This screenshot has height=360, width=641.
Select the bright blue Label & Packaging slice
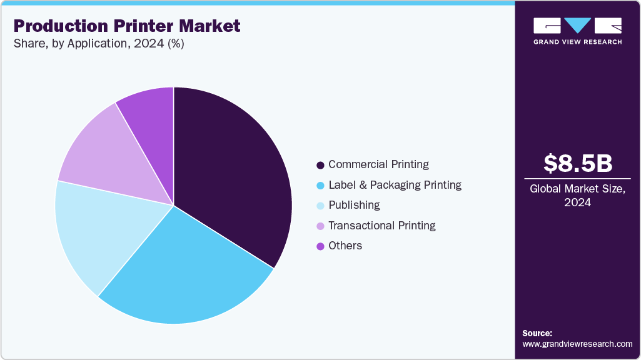click(x=188, y=275)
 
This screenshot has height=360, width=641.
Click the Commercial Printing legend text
click(x=378, y=164)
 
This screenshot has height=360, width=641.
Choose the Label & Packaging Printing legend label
click(x=395, y=185)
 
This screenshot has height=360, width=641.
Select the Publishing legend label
click(x=354, y=205)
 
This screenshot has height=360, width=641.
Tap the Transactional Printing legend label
click(x=381, y=226)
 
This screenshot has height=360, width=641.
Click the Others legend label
click(x=345, y=246)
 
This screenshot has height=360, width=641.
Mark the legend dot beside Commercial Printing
click(x=320, y=165)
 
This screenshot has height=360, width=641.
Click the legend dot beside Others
click(x=320, y=246)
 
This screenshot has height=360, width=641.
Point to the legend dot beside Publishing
click(x=320, y=206)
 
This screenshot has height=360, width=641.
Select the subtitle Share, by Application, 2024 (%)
click(x=99, y=44)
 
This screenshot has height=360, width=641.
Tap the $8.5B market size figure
click(x=577, y=163)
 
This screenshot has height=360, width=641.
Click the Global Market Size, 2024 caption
click(x=577, y=196)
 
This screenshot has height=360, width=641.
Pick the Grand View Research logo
click(x=577, y=30)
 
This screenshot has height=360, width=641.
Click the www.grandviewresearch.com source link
click(x=577, y=344)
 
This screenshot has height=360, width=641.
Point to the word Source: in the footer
click(x=537, y=333)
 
